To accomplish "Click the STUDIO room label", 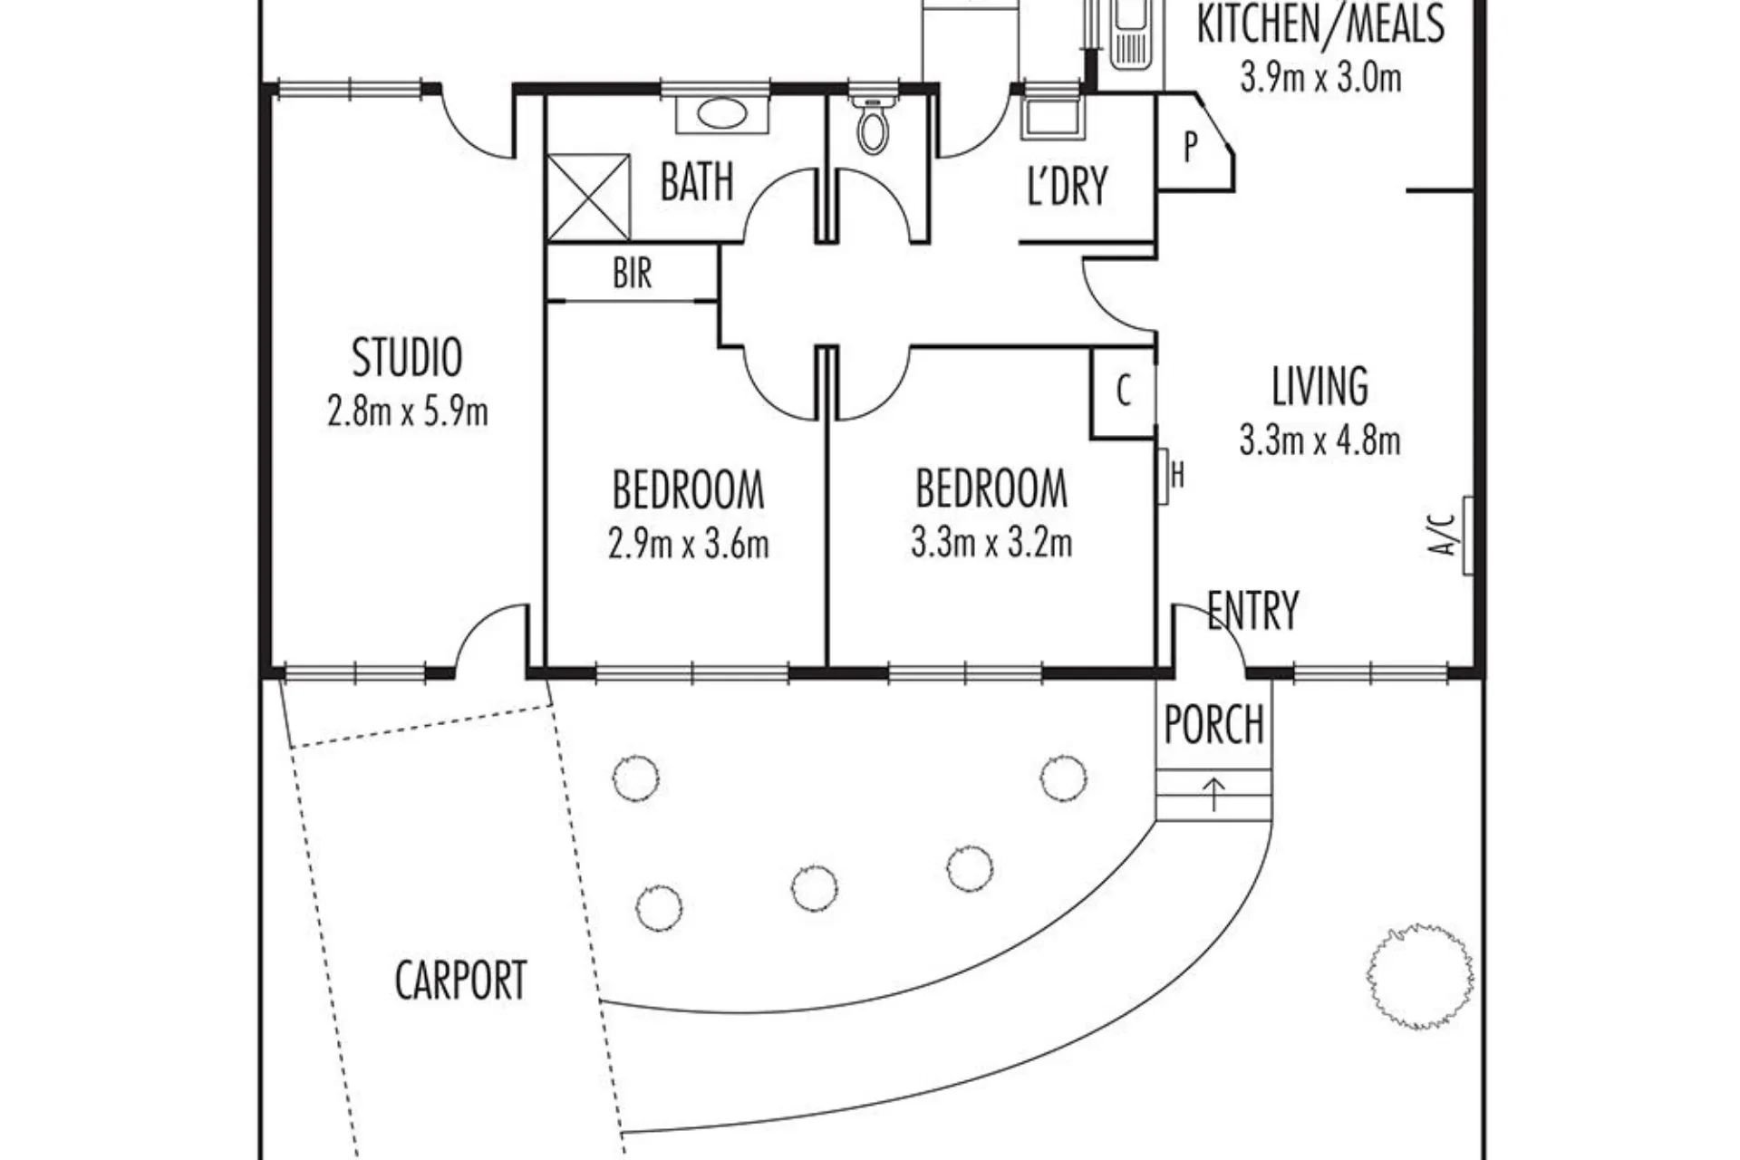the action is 407,357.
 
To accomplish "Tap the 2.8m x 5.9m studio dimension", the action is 407,412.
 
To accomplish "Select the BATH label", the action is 696,181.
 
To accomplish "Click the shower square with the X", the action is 588,198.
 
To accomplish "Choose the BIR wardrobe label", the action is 632,273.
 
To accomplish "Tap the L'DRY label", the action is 1067,186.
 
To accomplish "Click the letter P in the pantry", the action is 1190,146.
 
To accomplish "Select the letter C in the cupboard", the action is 1124,391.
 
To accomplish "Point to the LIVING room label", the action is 1319,386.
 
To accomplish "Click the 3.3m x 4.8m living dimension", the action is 1319,441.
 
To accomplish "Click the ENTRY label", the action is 1253,610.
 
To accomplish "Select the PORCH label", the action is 1213,725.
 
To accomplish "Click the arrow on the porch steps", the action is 1213,794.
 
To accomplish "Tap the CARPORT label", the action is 460,980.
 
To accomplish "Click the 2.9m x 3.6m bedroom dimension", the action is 688,545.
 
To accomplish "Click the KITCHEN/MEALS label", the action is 1319,24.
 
